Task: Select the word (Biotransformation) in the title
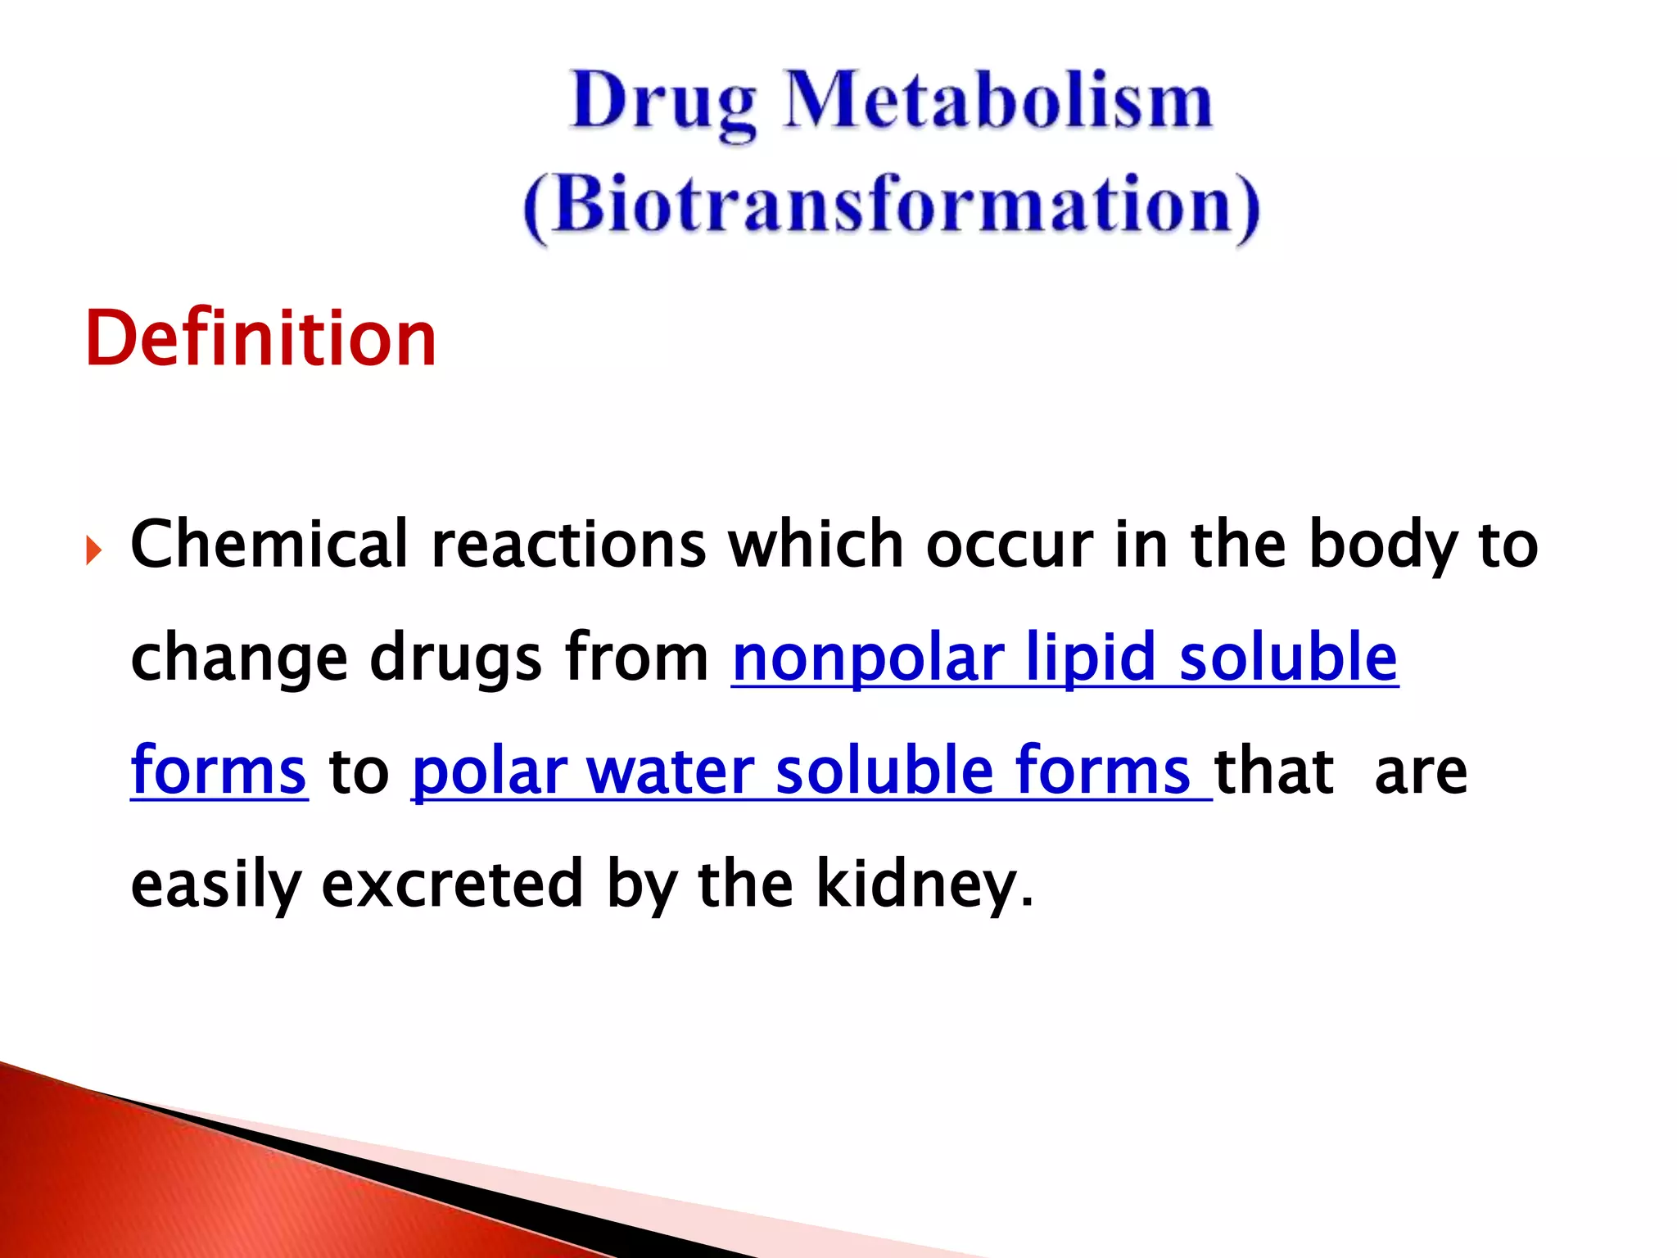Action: click(891, 205)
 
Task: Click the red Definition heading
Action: click(260, 338)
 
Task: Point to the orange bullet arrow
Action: click(93, 550)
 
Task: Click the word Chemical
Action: click(269, 545)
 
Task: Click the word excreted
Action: click(452, 885)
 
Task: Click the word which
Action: click(816, 545)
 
